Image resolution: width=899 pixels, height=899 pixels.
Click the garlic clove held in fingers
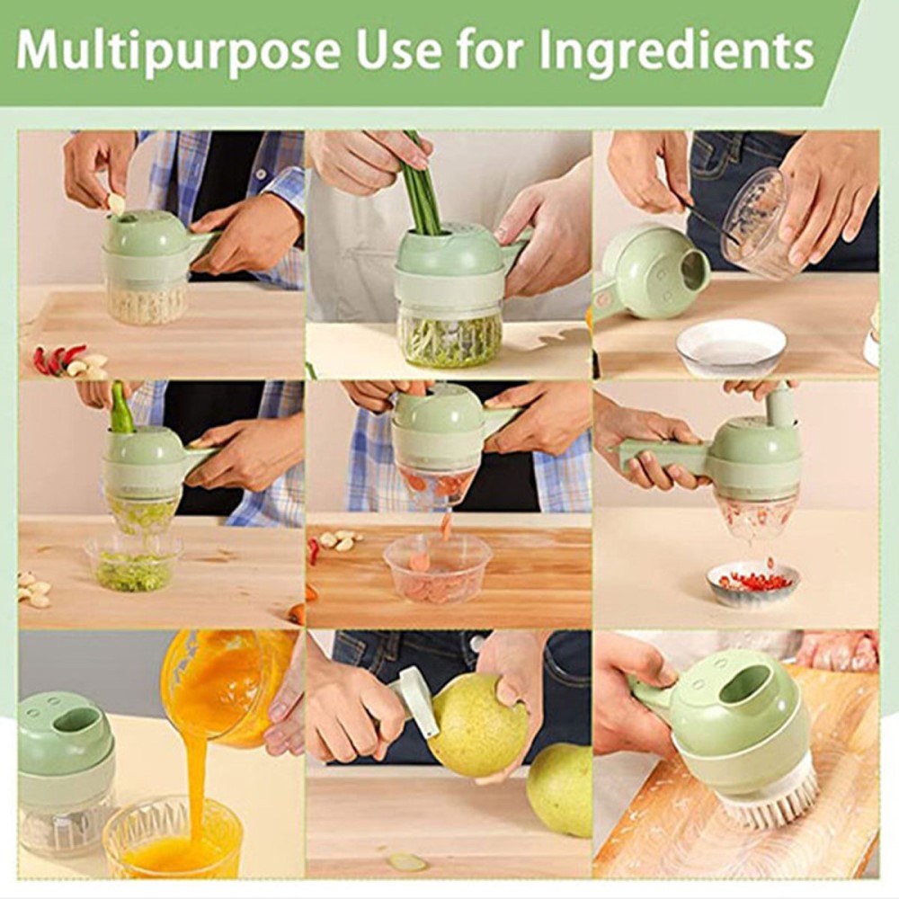[116, 204]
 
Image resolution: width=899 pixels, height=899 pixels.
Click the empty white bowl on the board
[731, 346]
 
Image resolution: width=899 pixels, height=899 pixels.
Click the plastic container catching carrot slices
[437, 568]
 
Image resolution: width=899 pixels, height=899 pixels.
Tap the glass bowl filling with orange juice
[172, 841]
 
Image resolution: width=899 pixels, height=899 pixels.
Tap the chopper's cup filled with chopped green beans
[449, 337]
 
